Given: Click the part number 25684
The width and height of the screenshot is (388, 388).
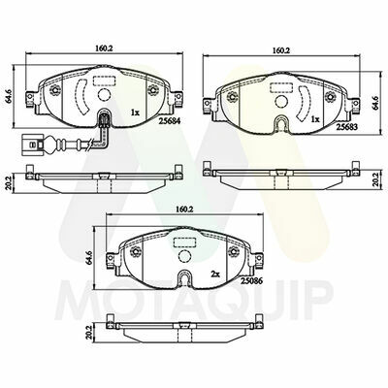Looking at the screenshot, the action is coord(170,121).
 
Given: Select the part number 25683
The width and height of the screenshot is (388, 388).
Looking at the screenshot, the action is coord(347,127).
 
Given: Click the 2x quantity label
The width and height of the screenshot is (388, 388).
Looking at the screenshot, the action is coord(215,275).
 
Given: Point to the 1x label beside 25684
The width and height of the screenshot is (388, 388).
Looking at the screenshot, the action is coord(135,113).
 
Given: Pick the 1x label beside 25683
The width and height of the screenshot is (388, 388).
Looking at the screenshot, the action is coord(315,119).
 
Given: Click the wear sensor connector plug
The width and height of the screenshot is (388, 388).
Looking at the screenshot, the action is coord(31,144).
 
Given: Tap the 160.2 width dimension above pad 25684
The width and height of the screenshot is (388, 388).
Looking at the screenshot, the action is coord(104,48).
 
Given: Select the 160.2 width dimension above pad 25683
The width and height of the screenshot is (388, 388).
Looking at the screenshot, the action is coord(281,50).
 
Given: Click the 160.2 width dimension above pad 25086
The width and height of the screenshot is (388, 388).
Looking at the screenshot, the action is coord(184,209).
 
